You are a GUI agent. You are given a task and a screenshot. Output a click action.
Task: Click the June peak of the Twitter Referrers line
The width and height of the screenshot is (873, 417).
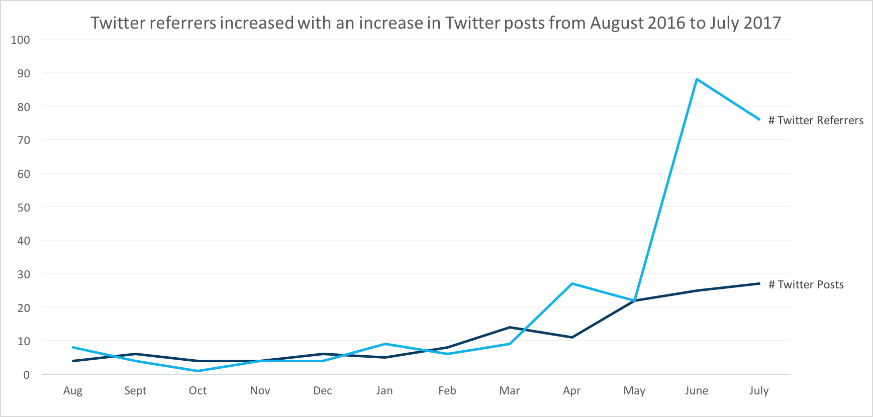pos(697,79)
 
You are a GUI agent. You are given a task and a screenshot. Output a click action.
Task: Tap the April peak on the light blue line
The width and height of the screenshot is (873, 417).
pos(572,284)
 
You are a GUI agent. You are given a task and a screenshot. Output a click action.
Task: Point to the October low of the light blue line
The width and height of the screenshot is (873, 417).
pos(198,371)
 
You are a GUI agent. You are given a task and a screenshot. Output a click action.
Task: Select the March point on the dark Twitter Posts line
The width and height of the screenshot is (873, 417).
pos(510,328)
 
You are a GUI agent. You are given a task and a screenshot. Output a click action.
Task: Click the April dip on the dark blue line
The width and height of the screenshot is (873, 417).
pos(572,337)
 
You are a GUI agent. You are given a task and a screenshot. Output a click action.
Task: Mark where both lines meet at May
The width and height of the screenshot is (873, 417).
pos(635,300)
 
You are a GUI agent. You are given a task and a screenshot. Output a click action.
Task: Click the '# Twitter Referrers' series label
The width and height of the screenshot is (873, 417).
pos(816,121)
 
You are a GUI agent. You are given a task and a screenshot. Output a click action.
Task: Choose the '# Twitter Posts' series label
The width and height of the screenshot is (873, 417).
pos(806,285)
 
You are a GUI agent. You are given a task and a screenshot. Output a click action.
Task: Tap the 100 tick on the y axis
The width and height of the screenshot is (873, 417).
pos(21,40)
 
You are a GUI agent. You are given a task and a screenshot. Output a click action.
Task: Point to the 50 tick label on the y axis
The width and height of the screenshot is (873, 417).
pos(24,207)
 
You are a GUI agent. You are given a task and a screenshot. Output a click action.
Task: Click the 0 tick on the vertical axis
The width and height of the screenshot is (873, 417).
pos(27,375)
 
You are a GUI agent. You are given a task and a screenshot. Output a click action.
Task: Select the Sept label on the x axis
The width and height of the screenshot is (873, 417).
pos(135,391)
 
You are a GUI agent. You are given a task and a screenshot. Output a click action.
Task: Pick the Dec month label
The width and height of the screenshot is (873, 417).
pos(323,391)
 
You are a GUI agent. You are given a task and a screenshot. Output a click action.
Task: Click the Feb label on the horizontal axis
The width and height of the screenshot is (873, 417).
pos(447,391)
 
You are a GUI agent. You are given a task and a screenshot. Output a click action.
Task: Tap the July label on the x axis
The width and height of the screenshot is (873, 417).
pos(759,391)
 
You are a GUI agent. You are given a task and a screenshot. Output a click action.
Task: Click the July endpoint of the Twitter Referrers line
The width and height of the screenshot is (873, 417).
pos(759,120)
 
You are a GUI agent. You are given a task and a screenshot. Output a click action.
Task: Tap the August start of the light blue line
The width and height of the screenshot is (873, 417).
pos(73,347)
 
